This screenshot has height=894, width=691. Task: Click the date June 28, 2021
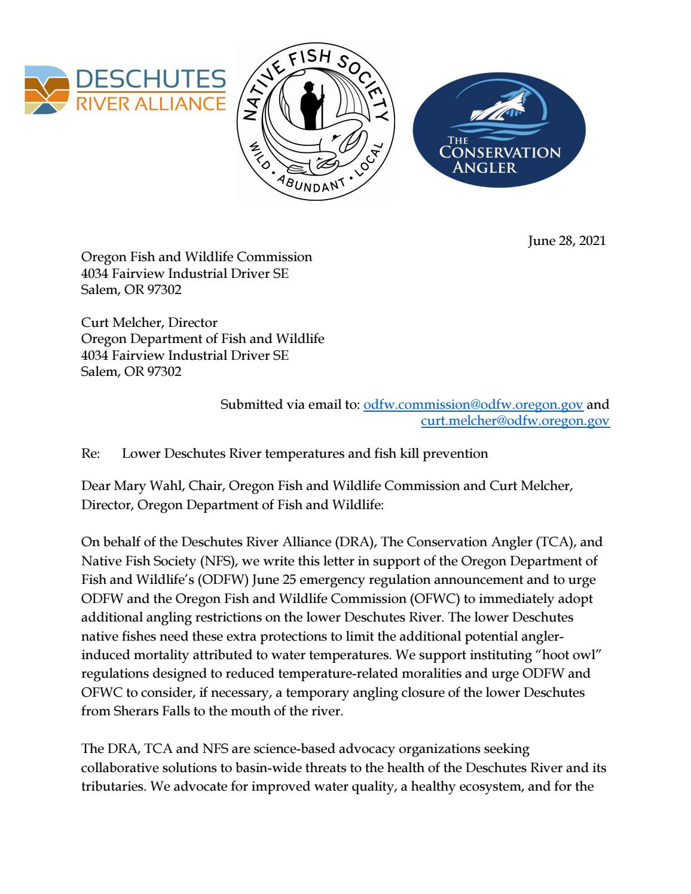[567, 241]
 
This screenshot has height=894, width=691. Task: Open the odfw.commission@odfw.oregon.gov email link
[473, 405]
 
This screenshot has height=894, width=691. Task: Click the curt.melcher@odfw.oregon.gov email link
[515, 421]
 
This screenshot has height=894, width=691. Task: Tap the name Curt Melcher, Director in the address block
[149, 323]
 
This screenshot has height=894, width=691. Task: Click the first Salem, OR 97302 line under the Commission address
[131, 290]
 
